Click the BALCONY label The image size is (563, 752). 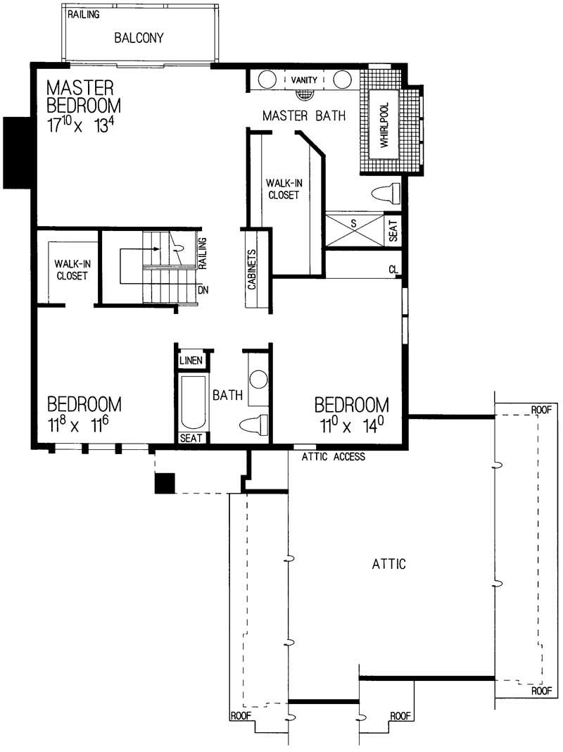pos(139,38)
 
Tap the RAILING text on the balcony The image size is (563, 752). pos(84,14)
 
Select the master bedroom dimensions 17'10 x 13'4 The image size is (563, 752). pos(84,130)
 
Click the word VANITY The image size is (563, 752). pos(304,80)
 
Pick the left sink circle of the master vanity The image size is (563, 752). pos(266,79)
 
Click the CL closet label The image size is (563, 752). pos(393,270)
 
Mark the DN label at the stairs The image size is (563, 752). pos(203,290)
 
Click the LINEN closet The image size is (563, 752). pos(191,361)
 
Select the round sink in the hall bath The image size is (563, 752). pos(258,380)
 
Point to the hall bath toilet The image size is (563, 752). pos(254,425)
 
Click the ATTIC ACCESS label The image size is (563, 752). pos(333,457)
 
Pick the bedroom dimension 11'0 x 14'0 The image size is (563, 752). pos(351,425)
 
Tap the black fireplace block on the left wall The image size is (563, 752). pos(15,152)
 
